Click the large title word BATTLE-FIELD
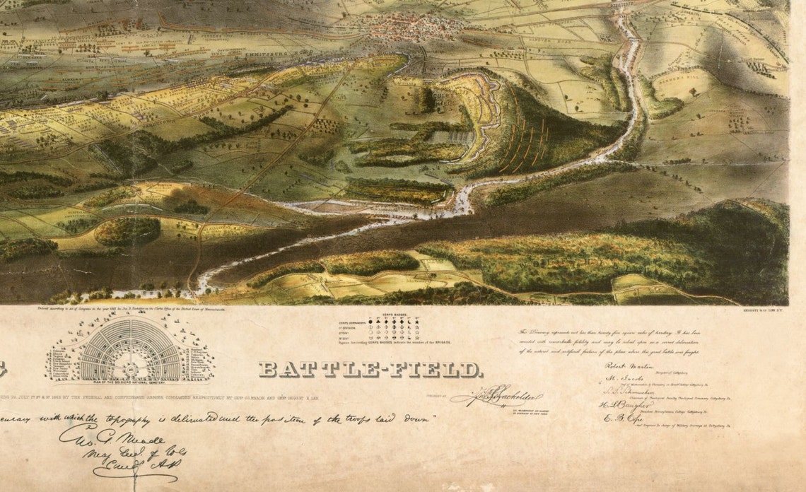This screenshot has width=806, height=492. [x=370, y=369]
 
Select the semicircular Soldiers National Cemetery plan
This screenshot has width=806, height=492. [x=132, y=351]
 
